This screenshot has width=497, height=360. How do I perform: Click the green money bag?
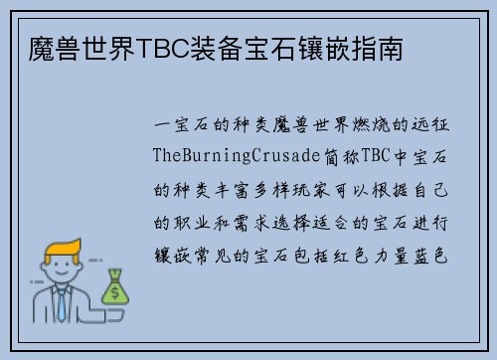point(115,287)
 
